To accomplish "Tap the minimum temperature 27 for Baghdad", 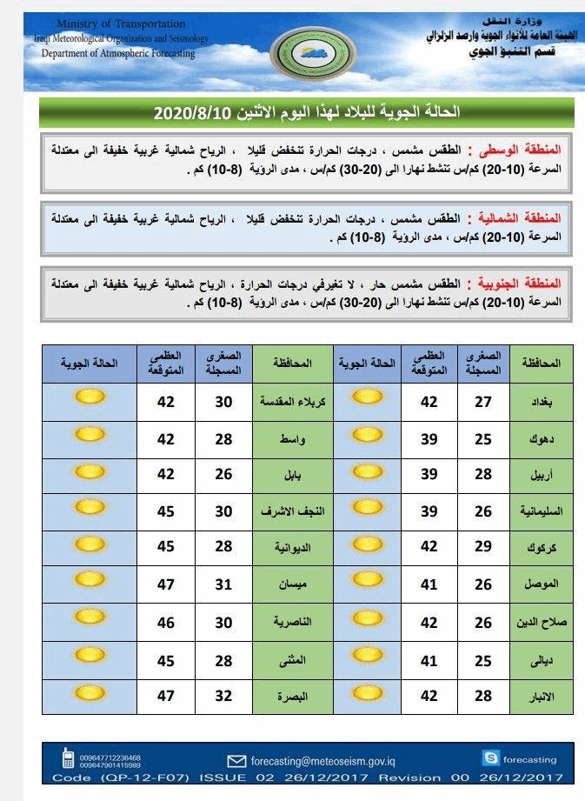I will coord(483,401).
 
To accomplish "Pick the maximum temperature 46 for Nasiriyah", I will coord(166,623).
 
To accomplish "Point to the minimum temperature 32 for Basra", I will coord(224,696).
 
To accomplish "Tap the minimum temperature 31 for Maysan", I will coord(224,586).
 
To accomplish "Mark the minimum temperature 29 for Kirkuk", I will coord(483,549).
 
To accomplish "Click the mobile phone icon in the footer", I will coord(68,758).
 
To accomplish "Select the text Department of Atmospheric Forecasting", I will coord(119,53).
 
